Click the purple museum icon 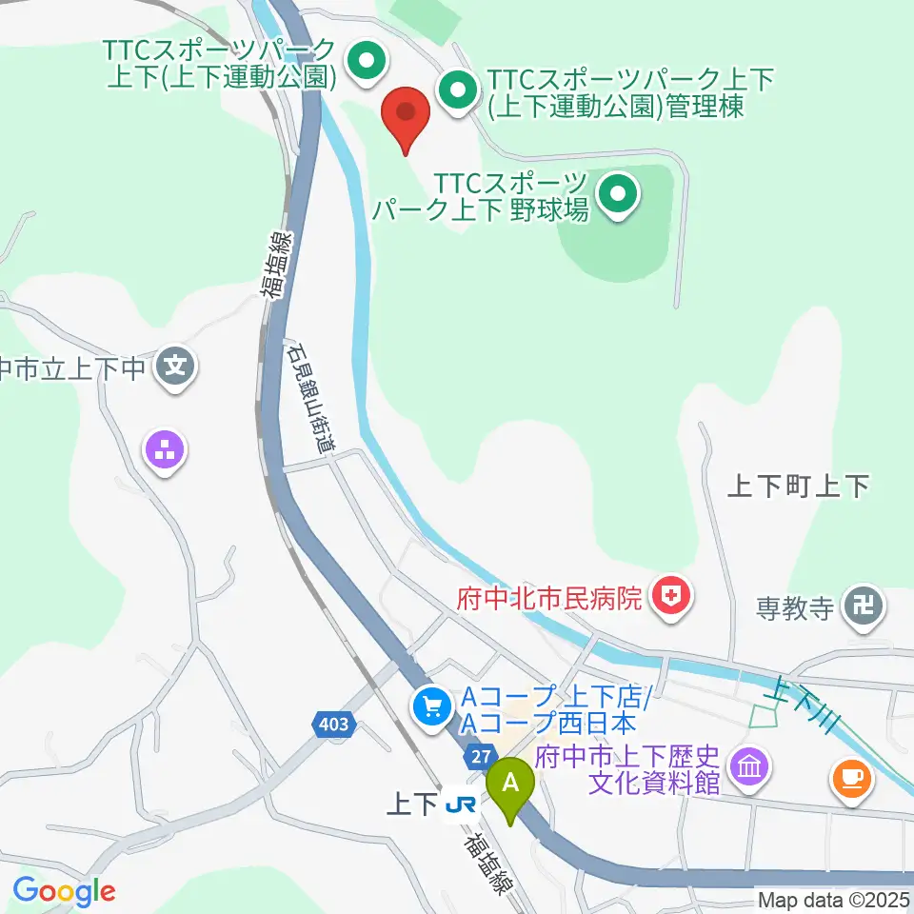click(749, 765)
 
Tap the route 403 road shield click(333, 725)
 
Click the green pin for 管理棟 click(458, 91)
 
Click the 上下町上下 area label click(798, 487)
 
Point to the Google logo click(64, 892)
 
